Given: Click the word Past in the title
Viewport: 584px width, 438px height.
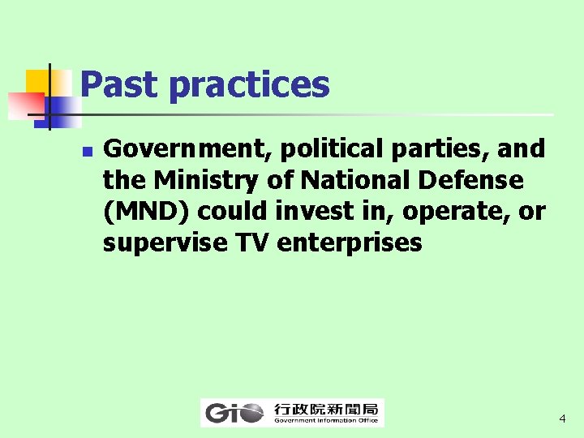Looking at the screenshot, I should (x=119, y=84).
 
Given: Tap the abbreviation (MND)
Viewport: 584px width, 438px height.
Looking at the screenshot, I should (x=147, y=211).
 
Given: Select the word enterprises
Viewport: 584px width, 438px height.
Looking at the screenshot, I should (x=350, y=242).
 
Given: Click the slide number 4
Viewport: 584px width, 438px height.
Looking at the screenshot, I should (x=561, y=419).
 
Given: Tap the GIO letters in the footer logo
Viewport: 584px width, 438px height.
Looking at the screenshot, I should (x=234, y=413).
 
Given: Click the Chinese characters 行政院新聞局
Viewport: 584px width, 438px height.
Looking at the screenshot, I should (x=325, y=408).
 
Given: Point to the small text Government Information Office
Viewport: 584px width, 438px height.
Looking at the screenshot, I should (x=325, y=420).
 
